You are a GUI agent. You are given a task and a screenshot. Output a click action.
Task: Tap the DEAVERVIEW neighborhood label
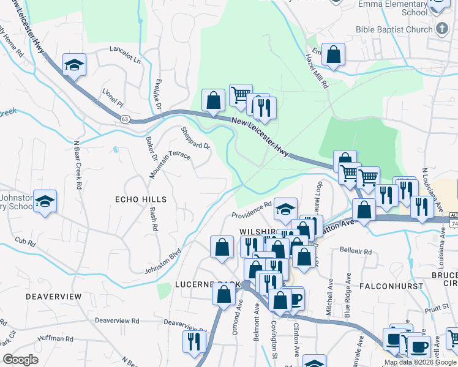tap(54, 296)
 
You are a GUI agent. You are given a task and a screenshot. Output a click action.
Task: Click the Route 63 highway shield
tap(125, 118)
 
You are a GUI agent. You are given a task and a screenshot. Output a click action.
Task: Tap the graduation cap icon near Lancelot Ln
tap(74, 64)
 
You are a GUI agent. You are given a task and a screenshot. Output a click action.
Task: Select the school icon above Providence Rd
tap(285, 209)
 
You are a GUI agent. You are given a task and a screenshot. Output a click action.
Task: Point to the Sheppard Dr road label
tap(195, 138)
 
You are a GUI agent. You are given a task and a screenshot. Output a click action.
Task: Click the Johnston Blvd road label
tap(163, 261)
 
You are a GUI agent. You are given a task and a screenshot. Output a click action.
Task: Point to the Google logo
tap(20, 360)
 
